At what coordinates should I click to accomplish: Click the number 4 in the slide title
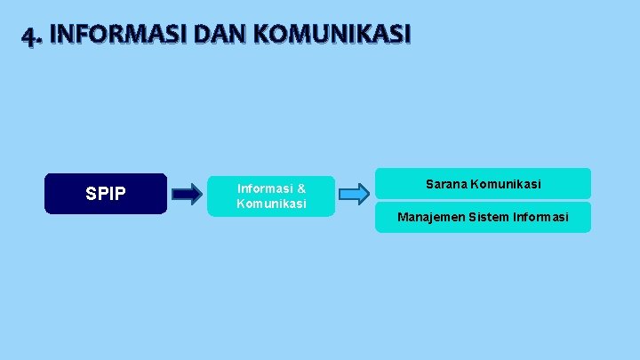pyautogui.click(x=29, y=36)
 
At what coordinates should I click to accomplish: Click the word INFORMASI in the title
pyautogui.click(x=108, y=35)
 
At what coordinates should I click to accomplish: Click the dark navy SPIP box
pyautogui.click(x=106, y=194)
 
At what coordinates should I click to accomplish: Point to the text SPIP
pyautogui.click(x=106, y=194)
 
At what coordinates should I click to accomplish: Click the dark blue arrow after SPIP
pyautogui.click(x=187, y=193)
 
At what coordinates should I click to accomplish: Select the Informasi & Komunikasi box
pyautogui.click(x=271, y=196)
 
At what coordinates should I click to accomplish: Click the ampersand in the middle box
pyautogui.click(x=301, y=188)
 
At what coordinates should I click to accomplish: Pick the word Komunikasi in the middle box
pyautogui.click(x=271, y=204)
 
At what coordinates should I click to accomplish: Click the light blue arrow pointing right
pyautogui.click(x=354, y=193)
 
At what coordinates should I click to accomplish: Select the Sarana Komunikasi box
pyautogui.click(x=483, y=184)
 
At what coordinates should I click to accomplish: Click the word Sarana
pyautogui.click(x=445, y=184)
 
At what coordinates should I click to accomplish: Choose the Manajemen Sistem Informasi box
pyautogui.click(x=483, y=217)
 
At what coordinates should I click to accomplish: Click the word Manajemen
pyautogui.click(x=429, y=217)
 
